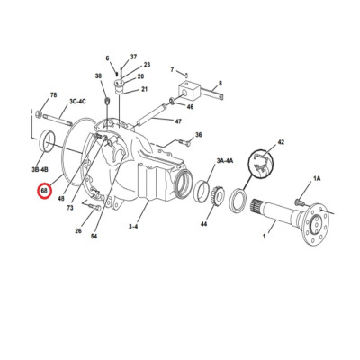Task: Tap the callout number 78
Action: click(x=54, y=95)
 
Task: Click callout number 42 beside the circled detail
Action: click(x=280, y=142)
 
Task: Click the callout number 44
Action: click(x=204, y=223)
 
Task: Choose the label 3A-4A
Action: click(x=224, y=160)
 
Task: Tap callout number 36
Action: click(x=198, y=135)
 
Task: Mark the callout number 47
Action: click(x=177, y=121)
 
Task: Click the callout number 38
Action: click(x=98, y=76)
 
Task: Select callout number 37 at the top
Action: click(x=132, y=57)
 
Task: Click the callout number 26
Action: click(x=78, y=231)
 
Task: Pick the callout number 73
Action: click(x=69, y=208)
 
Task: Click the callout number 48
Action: click(x=61, y=198)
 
